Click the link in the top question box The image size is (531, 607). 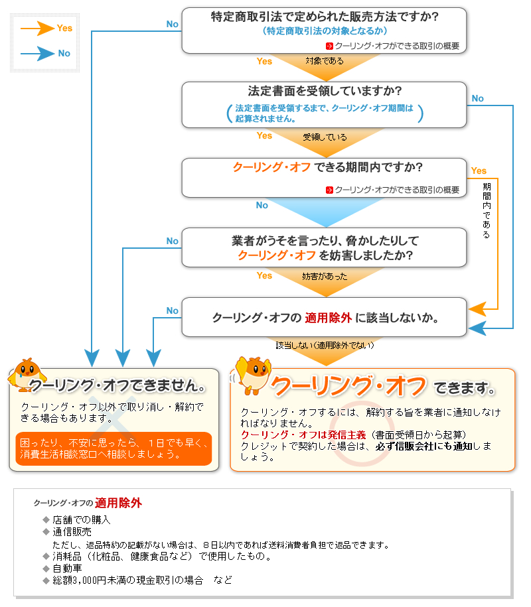pyautogui.click(x=396, y=46)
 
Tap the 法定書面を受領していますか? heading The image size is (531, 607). pyautogui.click(x=325, y=90)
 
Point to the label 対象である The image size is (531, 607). pyautogui.click(x=325, y=61)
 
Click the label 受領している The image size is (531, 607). pyautogui.click(x=325, y=137)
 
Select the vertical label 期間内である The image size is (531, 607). pyautogui.click(x=487, y=211)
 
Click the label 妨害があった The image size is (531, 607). pyautogui.click(x=325, y=276)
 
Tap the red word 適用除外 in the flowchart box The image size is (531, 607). pyautogui.click(x=328, y=317)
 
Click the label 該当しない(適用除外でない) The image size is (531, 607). pyautogui.click(x=325, y=346)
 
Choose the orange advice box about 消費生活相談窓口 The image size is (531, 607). pyautogui.click(x=114, y=448)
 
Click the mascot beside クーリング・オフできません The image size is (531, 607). pyautogui.click(x=25, y=377)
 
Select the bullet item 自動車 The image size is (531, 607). pyautogui.click(x=67, y=568)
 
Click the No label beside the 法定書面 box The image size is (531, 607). pyautogui.click(x=477, y=98)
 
